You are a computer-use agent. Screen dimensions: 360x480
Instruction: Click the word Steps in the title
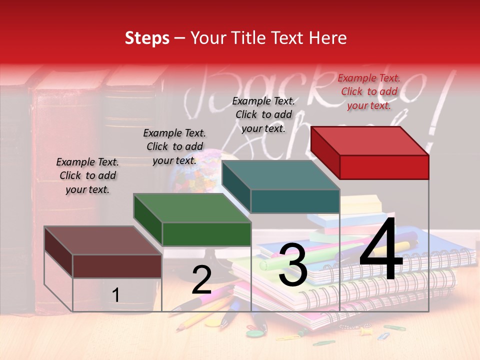pyautogui.click(x=147, y=38)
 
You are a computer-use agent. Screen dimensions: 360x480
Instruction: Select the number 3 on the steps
pyautogui.click(x=293, y=265)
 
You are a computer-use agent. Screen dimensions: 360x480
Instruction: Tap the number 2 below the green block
pyautogui.click(x=201, y=280)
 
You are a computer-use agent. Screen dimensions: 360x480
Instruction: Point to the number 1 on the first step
pyautogui.click(x=116, y=295)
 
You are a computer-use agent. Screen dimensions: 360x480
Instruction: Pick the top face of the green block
pyautogui.click(x=192, y=208)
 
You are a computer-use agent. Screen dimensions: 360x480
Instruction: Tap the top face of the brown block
pyautogui.click(x=102, y=240)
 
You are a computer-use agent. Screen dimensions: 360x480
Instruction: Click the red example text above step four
pyautogui.click(x=369, y=91)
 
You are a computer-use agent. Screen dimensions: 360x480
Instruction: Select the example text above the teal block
pyautogui.click(x=263, y=114)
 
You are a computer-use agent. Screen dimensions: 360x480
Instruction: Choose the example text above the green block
pyautogui.click(x=174, y=146)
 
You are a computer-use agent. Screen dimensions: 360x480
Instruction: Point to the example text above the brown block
pyautogui.click(x=87, y=175)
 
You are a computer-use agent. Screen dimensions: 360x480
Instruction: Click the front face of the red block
pyautogui.click(x=384, y=167)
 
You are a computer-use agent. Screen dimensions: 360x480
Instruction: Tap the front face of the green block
pyautogui.click(x=206, y=234)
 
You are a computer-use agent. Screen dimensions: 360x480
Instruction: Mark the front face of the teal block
pyautogui.click(x=295, y=201)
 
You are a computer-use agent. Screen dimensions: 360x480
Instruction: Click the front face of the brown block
pyautogui.click(x=117, y=266)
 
